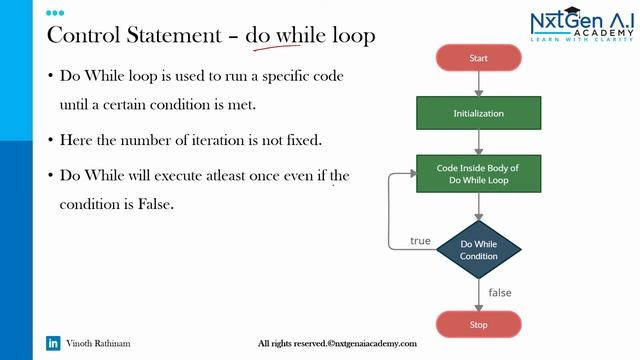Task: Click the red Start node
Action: [478, 59]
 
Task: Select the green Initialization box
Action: [478, 115]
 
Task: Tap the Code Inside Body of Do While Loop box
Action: [478, 175]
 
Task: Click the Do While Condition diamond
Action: [478, 249]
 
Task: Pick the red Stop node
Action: [478, 324]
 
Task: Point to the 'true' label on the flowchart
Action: [421, 241]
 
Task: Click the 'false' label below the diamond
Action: [500, 292]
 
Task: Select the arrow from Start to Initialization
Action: [478, 84]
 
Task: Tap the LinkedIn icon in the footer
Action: [54, 343]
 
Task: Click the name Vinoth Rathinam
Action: [98, 343]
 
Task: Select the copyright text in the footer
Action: [337, 343]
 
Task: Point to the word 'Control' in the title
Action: [87, 37]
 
